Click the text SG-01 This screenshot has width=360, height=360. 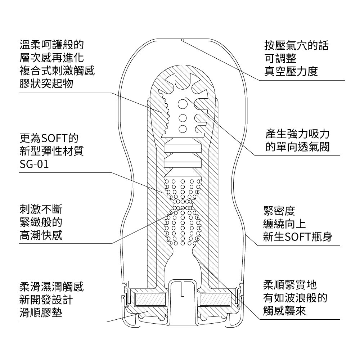click(34, 164)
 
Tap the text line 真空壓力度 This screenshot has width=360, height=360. click(291, 71)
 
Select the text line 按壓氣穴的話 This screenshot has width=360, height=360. click(296, 45)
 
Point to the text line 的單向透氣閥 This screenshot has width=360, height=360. click(298, 147)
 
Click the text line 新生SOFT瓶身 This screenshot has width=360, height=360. click(298, 237)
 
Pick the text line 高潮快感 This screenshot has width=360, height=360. click(41, 235)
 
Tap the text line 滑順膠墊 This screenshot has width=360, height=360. click(41, 312)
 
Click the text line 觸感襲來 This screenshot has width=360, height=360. click(285, 311)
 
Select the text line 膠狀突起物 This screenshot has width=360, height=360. click(46, 83)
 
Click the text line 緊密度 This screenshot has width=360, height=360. click(279, 211)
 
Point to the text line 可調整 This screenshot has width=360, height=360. click(280, 58)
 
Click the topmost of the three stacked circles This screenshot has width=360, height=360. click(183, 104)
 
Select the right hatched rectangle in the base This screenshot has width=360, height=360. click(215, 300)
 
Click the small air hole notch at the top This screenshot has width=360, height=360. click(183, 40)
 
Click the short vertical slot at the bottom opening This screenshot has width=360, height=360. click(183, 288)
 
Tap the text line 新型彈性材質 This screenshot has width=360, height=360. click(51, 151)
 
